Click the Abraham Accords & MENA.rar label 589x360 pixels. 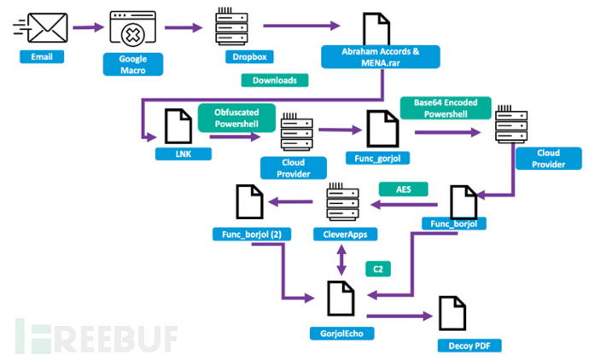click(x=380, y=56)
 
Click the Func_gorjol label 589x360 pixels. click(x=377, y=159)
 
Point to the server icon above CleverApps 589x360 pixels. click(x=341, y=202)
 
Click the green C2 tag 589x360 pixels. click(x=374, y=269)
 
